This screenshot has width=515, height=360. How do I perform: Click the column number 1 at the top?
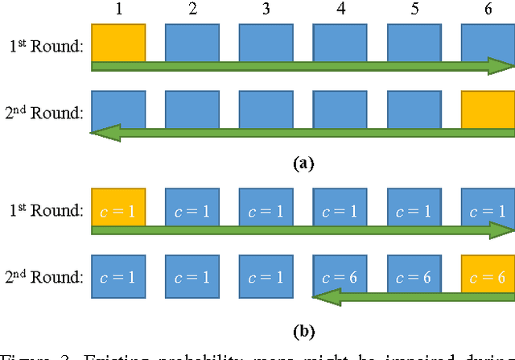coord(118,9)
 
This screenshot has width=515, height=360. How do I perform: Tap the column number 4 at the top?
coord(340,9)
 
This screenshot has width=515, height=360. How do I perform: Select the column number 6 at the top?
coord(488,9)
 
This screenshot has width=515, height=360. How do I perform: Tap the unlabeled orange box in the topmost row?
coord(118,43)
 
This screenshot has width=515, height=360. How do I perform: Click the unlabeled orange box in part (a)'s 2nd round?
coord(488,110)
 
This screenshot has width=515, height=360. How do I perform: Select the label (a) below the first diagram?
coord(303,163)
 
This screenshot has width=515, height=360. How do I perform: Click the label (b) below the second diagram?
coord(303,330)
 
